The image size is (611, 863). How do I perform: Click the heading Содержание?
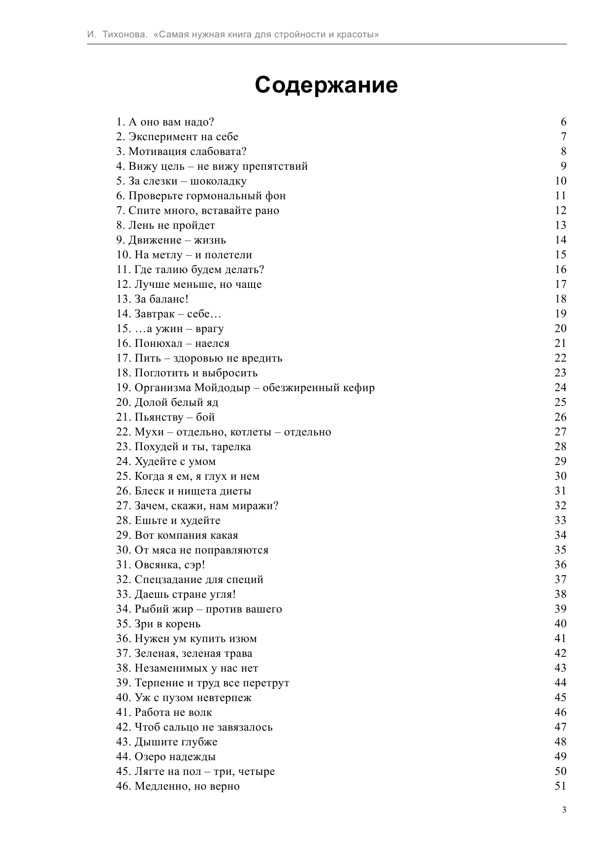[x=326, y=85]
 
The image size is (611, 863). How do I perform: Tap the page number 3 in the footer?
[x=564, y=810]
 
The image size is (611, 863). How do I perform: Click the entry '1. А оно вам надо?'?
[x=165, y=122]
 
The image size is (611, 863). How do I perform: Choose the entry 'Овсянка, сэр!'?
[x=161, y=565]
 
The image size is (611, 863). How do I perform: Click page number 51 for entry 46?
[x=560, y=786]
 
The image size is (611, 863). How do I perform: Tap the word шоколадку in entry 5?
[x=218, y=181]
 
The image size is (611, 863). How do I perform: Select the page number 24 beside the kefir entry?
[x=560, y=388]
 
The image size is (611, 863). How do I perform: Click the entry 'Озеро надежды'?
[x=166, y=757]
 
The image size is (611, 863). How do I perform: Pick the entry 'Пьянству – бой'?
[x=165, y=417]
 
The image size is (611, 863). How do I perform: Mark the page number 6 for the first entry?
[x=563, y=122]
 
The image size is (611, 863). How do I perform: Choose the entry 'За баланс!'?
[x=152, y=299]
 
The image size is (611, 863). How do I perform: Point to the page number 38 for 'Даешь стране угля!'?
[x=560, y=594]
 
